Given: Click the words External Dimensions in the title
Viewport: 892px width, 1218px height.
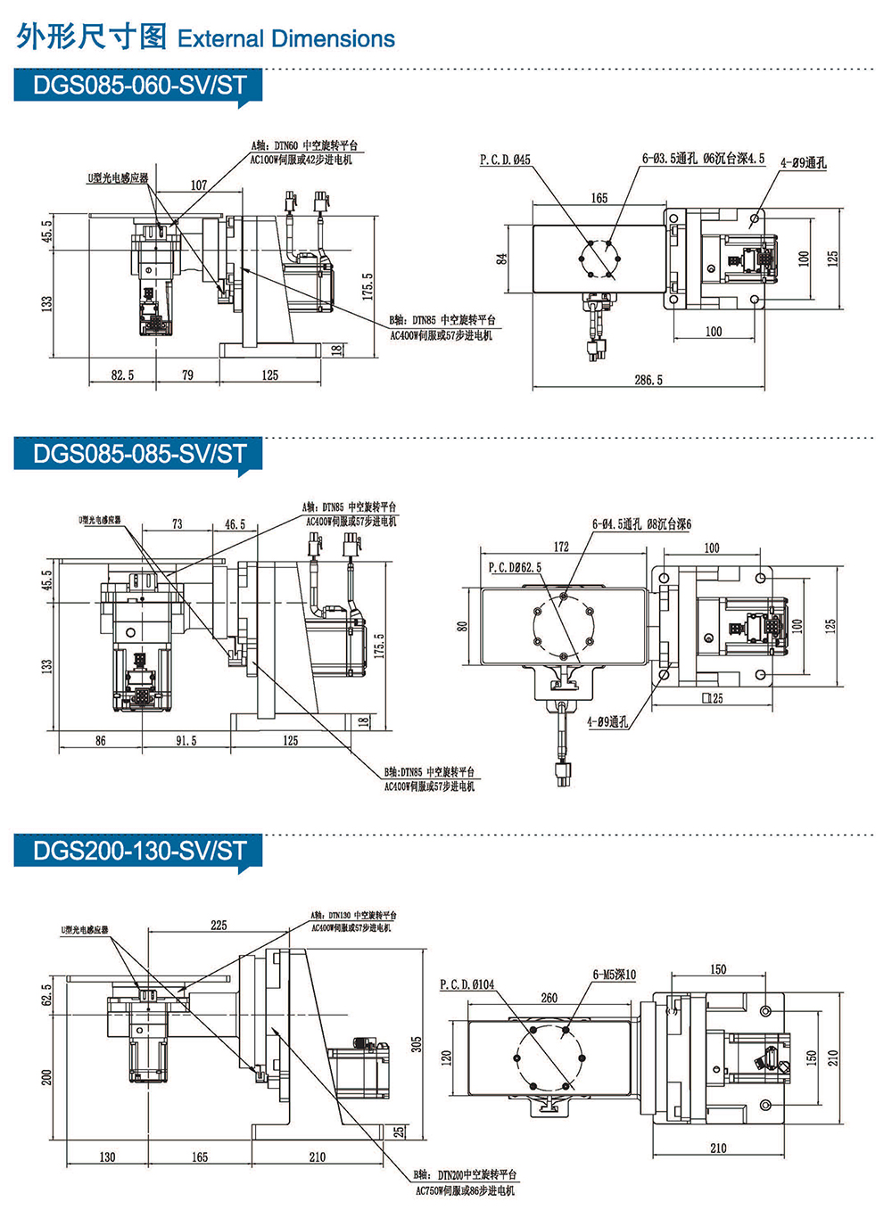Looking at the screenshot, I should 286,39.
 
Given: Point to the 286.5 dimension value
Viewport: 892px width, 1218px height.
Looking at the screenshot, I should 648,380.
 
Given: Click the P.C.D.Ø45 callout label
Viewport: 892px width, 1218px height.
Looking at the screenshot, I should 505,160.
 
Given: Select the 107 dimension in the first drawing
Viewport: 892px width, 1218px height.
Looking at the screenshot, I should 199,185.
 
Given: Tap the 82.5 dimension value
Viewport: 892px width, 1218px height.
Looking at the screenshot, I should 122,375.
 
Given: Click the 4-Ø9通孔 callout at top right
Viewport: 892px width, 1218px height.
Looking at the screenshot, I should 804,163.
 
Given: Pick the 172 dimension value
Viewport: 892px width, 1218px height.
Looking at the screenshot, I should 561,547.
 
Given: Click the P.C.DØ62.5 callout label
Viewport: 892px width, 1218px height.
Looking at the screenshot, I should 515,567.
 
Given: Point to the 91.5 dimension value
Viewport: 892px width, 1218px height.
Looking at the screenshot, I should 186,741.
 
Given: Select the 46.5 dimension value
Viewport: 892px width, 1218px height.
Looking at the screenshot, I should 235,524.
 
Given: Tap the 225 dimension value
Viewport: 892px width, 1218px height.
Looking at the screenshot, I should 219,926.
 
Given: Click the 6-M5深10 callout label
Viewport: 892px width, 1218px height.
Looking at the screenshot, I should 615,975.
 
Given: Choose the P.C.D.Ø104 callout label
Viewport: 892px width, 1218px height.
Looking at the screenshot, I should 467,984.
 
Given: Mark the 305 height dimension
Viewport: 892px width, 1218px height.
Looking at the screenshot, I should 417,1044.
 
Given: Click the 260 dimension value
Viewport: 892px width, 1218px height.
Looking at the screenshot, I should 549,998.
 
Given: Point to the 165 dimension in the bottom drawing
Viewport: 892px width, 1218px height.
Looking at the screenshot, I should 200,1157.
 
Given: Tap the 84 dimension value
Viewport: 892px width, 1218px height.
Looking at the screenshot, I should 502,259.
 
